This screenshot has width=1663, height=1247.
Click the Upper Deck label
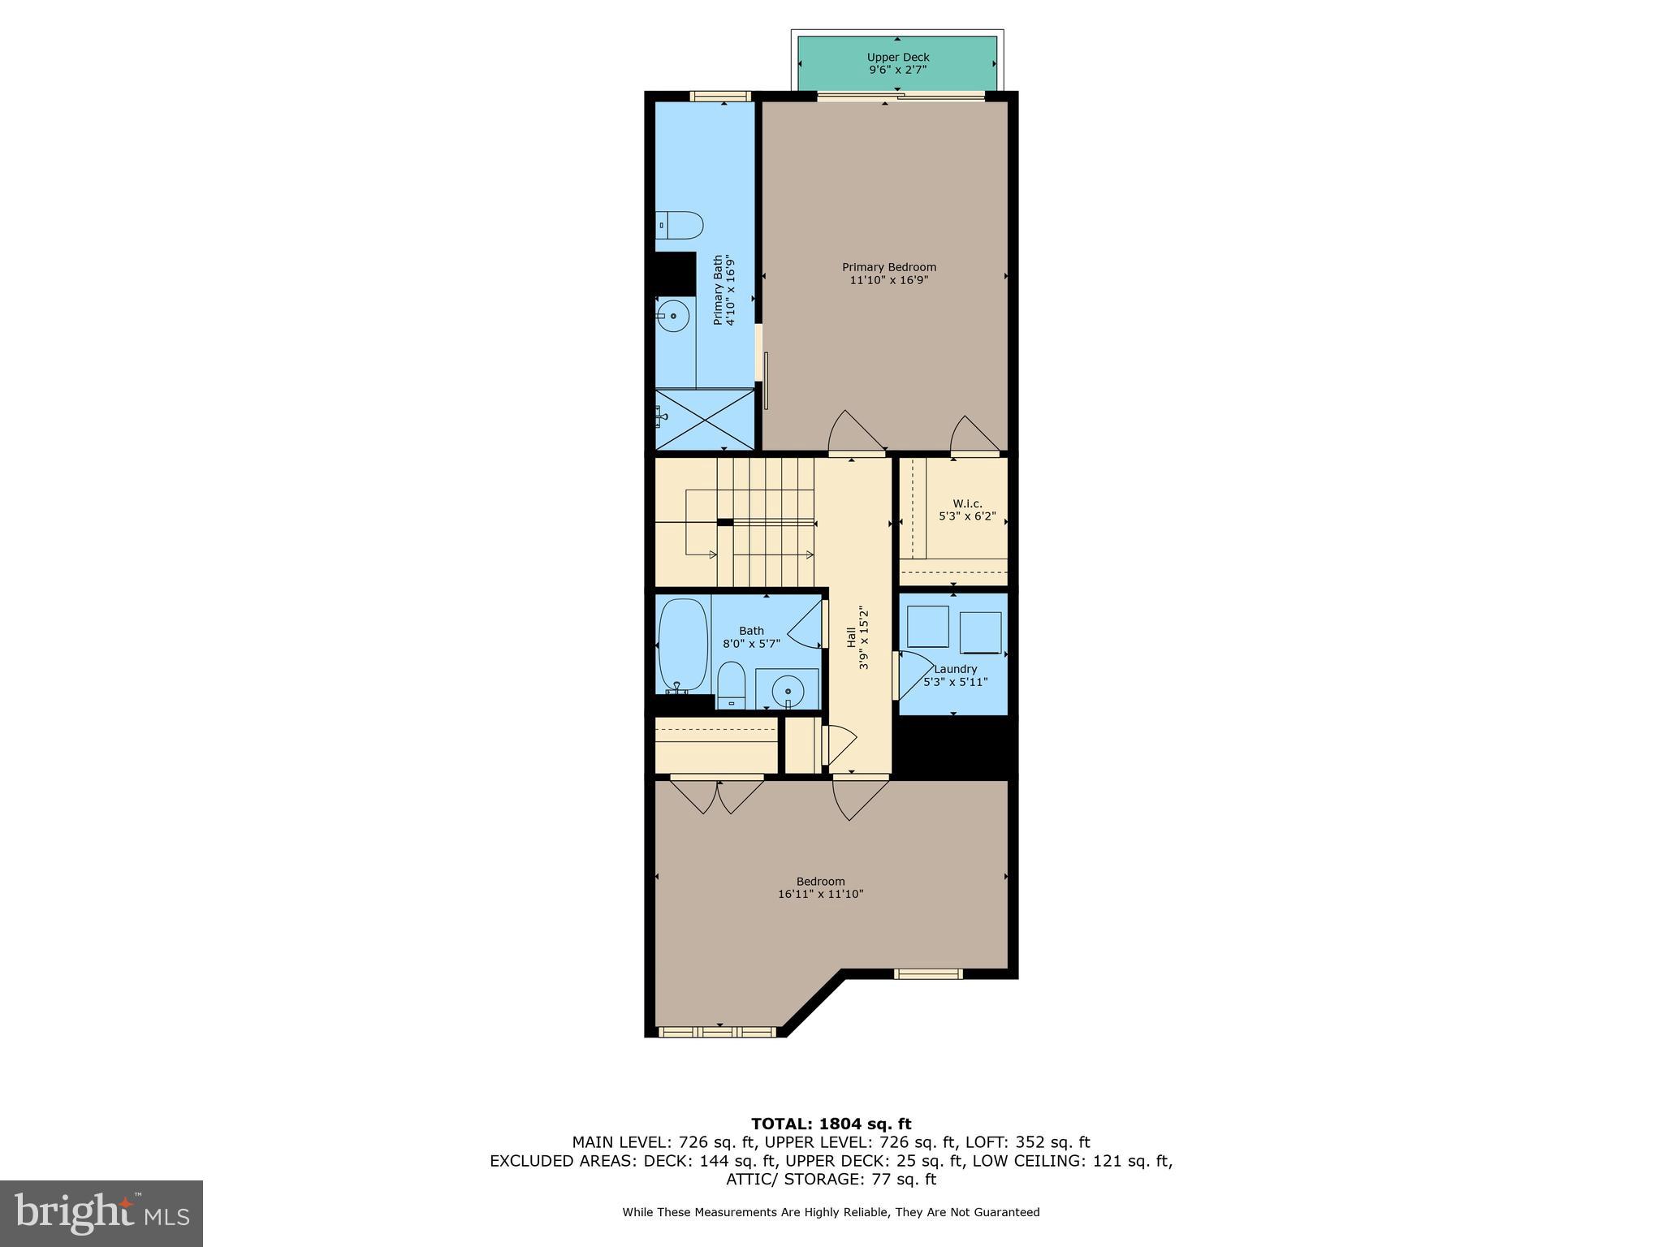click(897, 63)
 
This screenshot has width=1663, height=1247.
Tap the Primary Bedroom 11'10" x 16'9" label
click(888, 274)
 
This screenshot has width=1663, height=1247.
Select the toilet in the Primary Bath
click(680, 225)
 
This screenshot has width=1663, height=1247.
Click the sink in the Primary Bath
click(672, 316)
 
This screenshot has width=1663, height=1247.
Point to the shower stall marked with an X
click(704, 419)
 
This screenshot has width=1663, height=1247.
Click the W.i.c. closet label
click(966, 510)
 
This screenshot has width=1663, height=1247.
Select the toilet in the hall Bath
click(731, 684)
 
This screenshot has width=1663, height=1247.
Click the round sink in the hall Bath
click(787, 692)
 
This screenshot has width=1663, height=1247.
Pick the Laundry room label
click(955, 675)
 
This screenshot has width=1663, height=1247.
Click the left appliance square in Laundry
click(927, 626)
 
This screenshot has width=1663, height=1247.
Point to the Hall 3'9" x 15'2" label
click(857, 639)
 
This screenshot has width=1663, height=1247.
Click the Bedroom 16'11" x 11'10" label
click(820, 887)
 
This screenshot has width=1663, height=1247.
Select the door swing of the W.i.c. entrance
click(973, 434)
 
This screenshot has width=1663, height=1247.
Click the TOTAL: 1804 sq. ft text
click(831, 1124)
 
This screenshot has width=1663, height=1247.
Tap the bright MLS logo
click(102, 1213)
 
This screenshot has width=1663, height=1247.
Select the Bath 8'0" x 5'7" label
click(751, 637)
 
